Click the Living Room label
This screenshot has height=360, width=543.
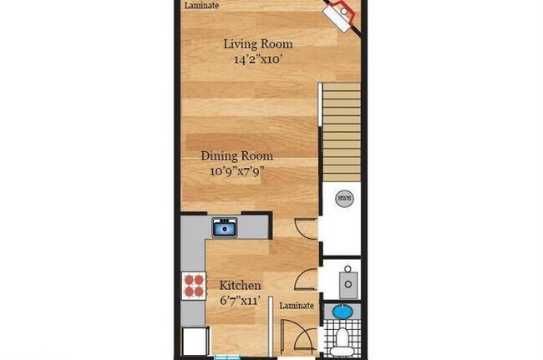coord(257,44)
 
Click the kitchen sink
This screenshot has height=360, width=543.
coord(224,226)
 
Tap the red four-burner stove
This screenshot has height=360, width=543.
coord(194,285)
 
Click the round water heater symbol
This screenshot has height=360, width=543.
coord(343,198)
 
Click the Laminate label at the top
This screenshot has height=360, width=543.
coord(202,5)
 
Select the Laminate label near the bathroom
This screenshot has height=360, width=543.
coord(297,306)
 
